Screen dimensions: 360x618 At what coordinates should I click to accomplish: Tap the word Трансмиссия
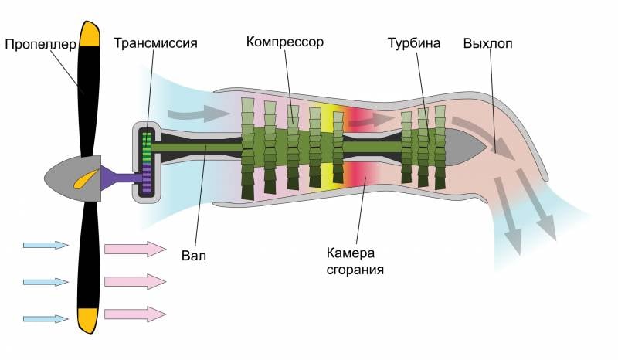click(x=155, y=42)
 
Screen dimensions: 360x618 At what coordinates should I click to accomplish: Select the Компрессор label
click(x=285, y=41)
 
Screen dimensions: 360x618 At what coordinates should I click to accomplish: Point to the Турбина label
click(x=414, y=42)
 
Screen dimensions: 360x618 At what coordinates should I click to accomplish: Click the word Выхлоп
click(x=487, y=42)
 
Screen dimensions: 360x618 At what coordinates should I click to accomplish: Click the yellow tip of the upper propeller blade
click(x=90, y=33)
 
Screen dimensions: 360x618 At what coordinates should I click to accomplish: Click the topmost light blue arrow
click(x=46, y=245)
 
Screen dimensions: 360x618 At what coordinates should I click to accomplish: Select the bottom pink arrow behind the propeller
click(x=134, y=314)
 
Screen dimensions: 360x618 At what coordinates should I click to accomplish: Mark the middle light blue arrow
click(x=46, y=281)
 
